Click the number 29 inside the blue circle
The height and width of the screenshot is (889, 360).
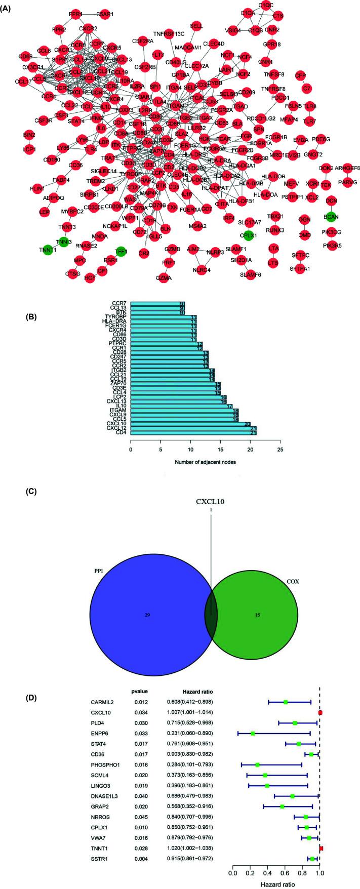point(144,614)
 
